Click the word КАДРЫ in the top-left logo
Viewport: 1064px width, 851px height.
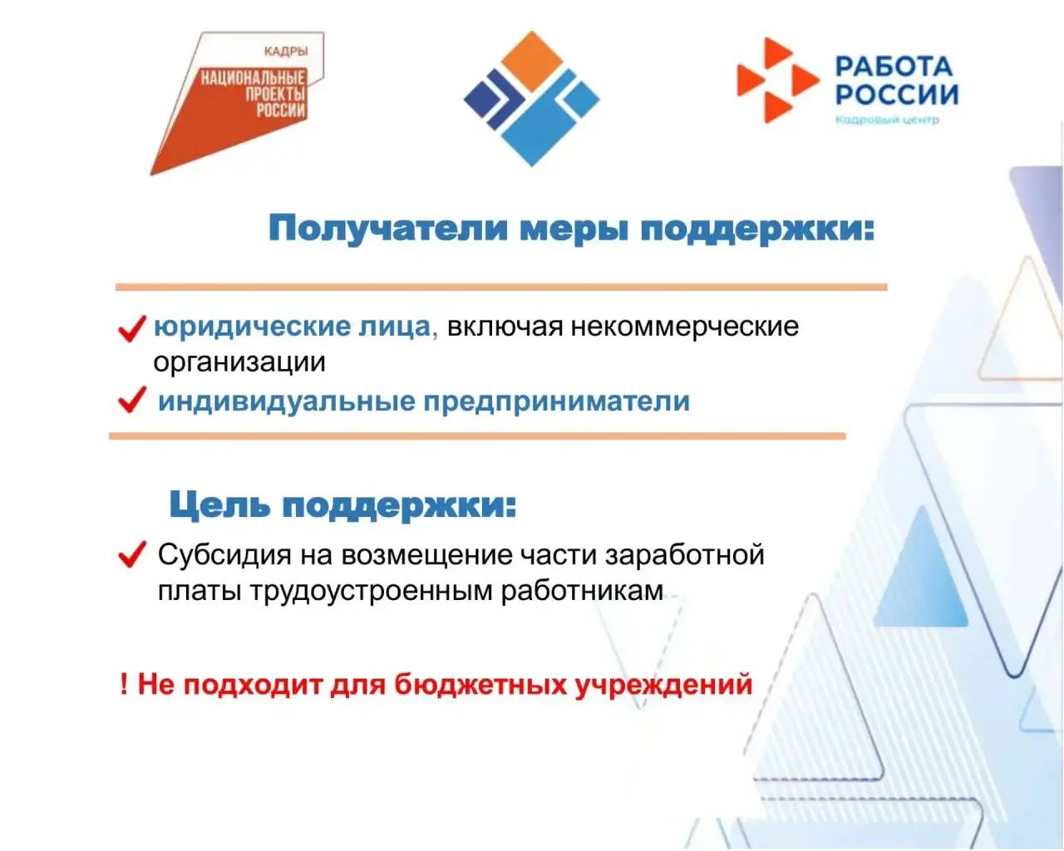click(x=285, y=52)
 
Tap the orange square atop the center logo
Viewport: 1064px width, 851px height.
click(x=531, y=61)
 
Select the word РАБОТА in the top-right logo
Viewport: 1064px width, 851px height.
click(x=894, y=66)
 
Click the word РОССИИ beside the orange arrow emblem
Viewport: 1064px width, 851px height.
click(x=897, y=94)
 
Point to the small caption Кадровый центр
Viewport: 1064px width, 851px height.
click(x=887, y=120)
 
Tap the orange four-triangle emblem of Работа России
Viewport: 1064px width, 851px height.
click(x=777, y=80)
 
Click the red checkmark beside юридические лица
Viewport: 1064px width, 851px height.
click(x=132, y=328)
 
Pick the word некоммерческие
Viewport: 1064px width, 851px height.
click(x=685, y=327)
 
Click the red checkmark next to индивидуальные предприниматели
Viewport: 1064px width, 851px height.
click(x=132, y=400)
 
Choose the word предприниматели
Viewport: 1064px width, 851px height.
click(x=557, y=401)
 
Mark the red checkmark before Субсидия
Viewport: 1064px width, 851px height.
click(x=132, y=553)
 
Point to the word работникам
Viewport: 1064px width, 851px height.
click(x=581, y=591)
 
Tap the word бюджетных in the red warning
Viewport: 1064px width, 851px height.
click(x=480, y=685)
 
